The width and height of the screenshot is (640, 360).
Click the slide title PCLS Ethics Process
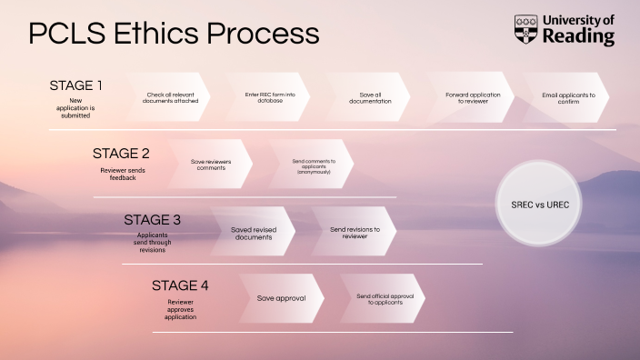[174, 34]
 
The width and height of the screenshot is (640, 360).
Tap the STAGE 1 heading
[75, 85]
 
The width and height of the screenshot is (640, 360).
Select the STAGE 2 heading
[120, 153]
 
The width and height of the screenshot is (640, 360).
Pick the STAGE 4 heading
[180, 285]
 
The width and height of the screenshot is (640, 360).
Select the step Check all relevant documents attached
[171, 97]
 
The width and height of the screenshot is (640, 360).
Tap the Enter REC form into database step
[270, 97]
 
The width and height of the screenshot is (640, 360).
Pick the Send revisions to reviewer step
[355, 232]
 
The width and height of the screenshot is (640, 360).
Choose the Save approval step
[282, 298]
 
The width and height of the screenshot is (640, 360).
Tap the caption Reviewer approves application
[180, 309]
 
